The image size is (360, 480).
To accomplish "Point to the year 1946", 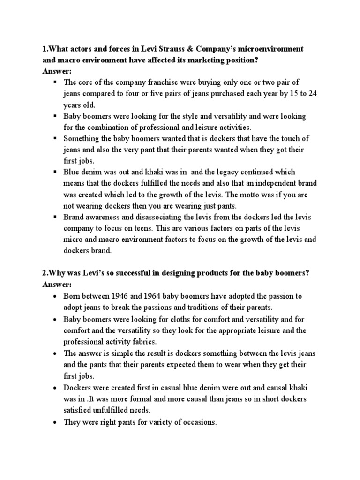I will tap(124, 296).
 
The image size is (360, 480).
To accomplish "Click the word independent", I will tap(262, 183).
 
